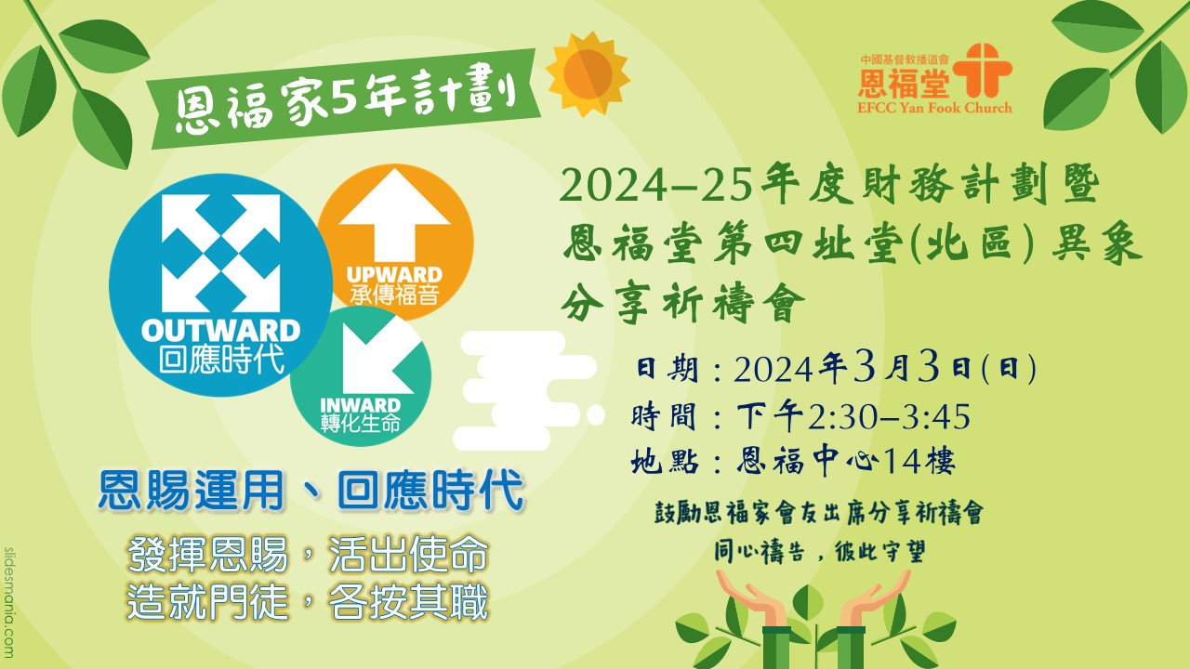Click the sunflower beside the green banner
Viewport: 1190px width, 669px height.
(x=588, y=74)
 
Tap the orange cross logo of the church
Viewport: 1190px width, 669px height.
(x=982, y=71)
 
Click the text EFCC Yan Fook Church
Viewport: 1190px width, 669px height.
(x=934, y=108)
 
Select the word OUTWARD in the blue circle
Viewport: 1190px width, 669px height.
(x=221, y=331)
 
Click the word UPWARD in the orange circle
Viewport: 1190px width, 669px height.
(x=395, y=275)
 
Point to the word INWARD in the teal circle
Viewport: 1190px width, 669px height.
(x=360, y=406)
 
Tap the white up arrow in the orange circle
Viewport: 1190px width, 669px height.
(x=395, y=215)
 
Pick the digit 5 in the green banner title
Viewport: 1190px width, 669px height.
(x=345, y=98)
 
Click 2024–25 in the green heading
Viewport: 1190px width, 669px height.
(x=655, y=187)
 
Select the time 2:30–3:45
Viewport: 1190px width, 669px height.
(x=890, y=417)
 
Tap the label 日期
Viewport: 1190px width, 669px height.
(x=667, y=368)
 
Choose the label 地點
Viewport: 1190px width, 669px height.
(x=665, y=461)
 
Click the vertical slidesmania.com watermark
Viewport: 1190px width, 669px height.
(x=8, y=603)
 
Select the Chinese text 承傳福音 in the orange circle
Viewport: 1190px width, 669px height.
(x=394, y=295)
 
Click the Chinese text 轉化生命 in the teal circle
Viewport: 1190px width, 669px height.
(x=361, y=424)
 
